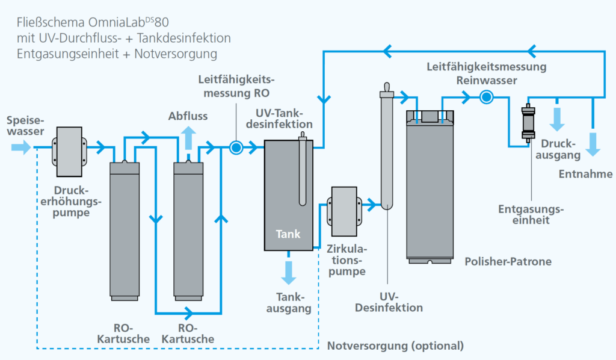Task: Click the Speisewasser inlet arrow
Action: [x=21, y=147]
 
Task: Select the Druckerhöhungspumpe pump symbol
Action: [x=70, y=152]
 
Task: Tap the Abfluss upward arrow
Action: [x=188, y=137]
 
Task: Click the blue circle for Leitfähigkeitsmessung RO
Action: [x=236, y=147]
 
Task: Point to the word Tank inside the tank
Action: [x=288, y=234]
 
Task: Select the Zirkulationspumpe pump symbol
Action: [x=345, y=211]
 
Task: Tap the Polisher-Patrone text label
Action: [x=508, y=261]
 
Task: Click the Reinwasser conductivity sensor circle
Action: [x=486, y=97]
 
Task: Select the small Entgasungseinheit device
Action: [x=528, y=123]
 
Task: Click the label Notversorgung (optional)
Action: [x=396, y=346]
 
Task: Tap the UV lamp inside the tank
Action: [x=303, y=169]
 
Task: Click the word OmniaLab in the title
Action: [x=117, y=22]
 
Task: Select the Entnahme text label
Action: [x=585, y=174]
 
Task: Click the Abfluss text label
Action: [x=188, y=116]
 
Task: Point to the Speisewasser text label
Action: [x=25, y=126]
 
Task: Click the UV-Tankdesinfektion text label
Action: [x=279, y=119]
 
